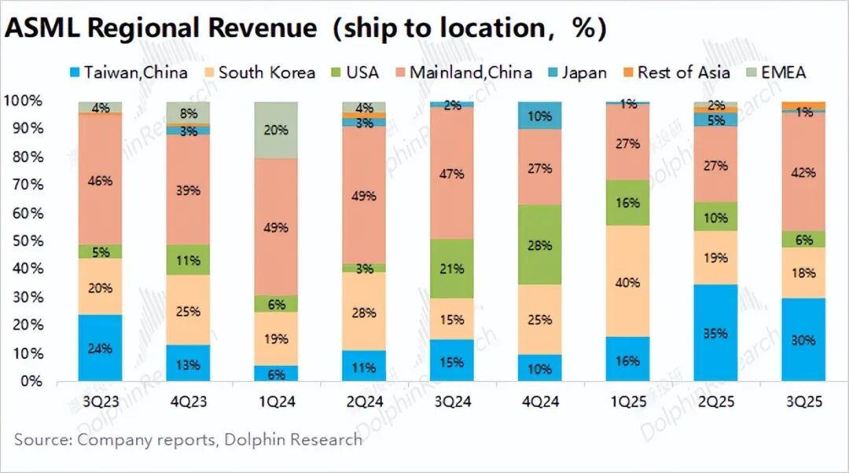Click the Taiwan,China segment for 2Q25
[715, 333]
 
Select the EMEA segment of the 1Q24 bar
[275, 130]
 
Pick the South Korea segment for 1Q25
[627, 282]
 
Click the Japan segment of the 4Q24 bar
[539, 116]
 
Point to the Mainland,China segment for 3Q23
[100, 180]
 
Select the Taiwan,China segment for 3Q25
[803, 340]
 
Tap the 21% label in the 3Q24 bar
[451, 268]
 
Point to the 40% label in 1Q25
[627, 283]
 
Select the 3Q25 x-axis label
[803, 401]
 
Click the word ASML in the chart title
[44, 28]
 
